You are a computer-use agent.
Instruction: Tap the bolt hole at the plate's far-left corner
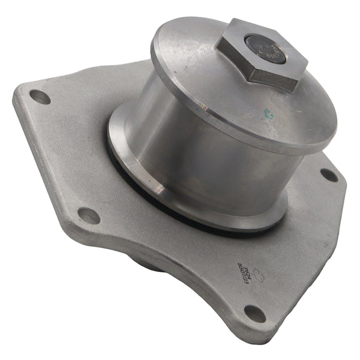pyautogui.click(x=40, y=96)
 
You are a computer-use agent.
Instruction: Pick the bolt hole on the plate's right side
pyautogui.click(x=329, y=175)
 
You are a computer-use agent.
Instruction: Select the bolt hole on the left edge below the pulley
pyautogui.click(x=89, y=215)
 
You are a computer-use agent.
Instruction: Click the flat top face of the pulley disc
pyautogui.click(x=198, y=72)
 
